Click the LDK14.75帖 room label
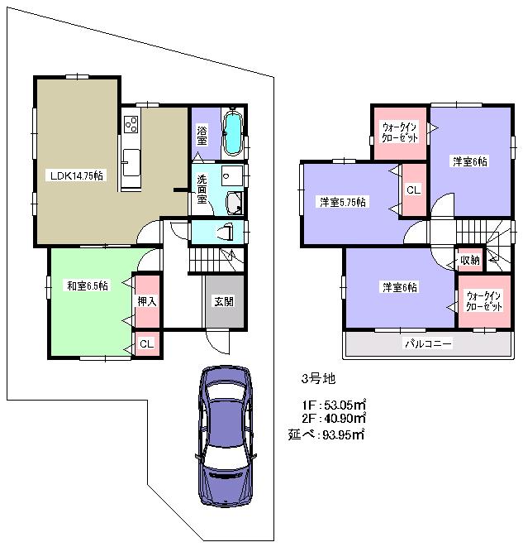pos(76,175)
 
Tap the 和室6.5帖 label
pos(87,285)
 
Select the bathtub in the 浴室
pos(234,133)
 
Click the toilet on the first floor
pos(225,232)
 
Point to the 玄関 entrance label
pos(222,301)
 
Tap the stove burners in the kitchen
pos(131,125)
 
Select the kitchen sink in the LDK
pos(131,158)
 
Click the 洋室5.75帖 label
pos(344,202)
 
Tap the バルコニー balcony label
pos(426,342)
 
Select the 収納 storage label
pos(468,261)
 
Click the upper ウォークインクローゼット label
pos(400,132)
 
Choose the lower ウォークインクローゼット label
pos(483,301)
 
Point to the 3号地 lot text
pos(317,379)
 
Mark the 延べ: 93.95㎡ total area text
pos(327,433)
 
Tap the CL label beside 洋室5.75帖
pos(413,190)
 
